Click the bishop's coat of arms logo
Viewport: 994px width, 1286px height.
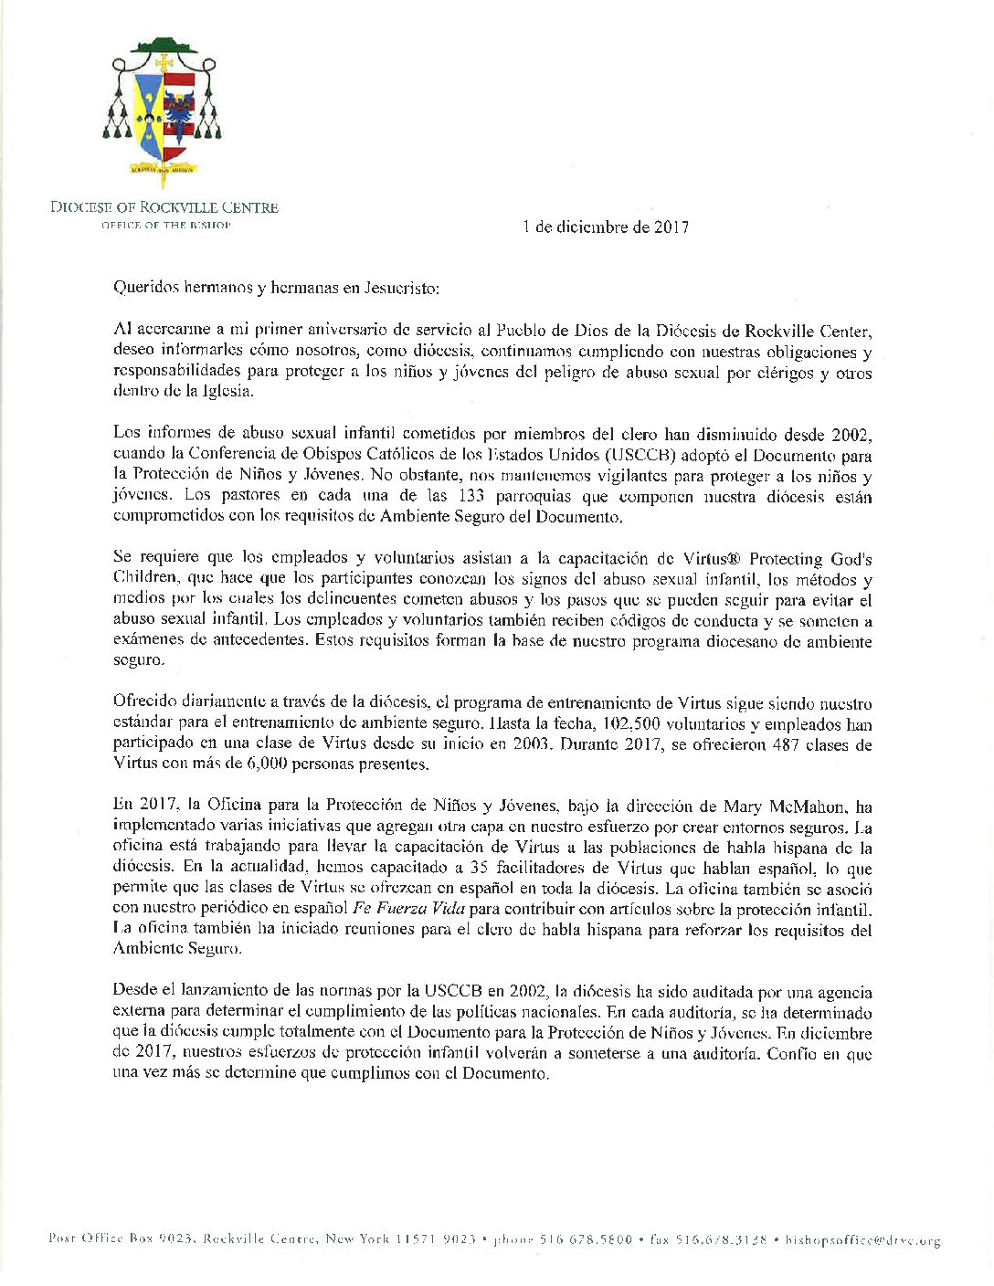click(x=164, y=111)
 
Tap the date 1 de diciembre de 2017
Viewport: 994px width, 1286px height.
click(x=606, y=227)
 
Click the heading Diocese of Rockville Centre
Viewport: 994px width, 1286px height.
click(x=164, y=207)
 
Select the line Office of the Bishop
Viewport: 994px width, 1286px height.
click(x=165, y=225)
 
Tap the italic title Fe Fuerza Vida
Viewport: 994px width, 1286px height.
click(x=408, y=910)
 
